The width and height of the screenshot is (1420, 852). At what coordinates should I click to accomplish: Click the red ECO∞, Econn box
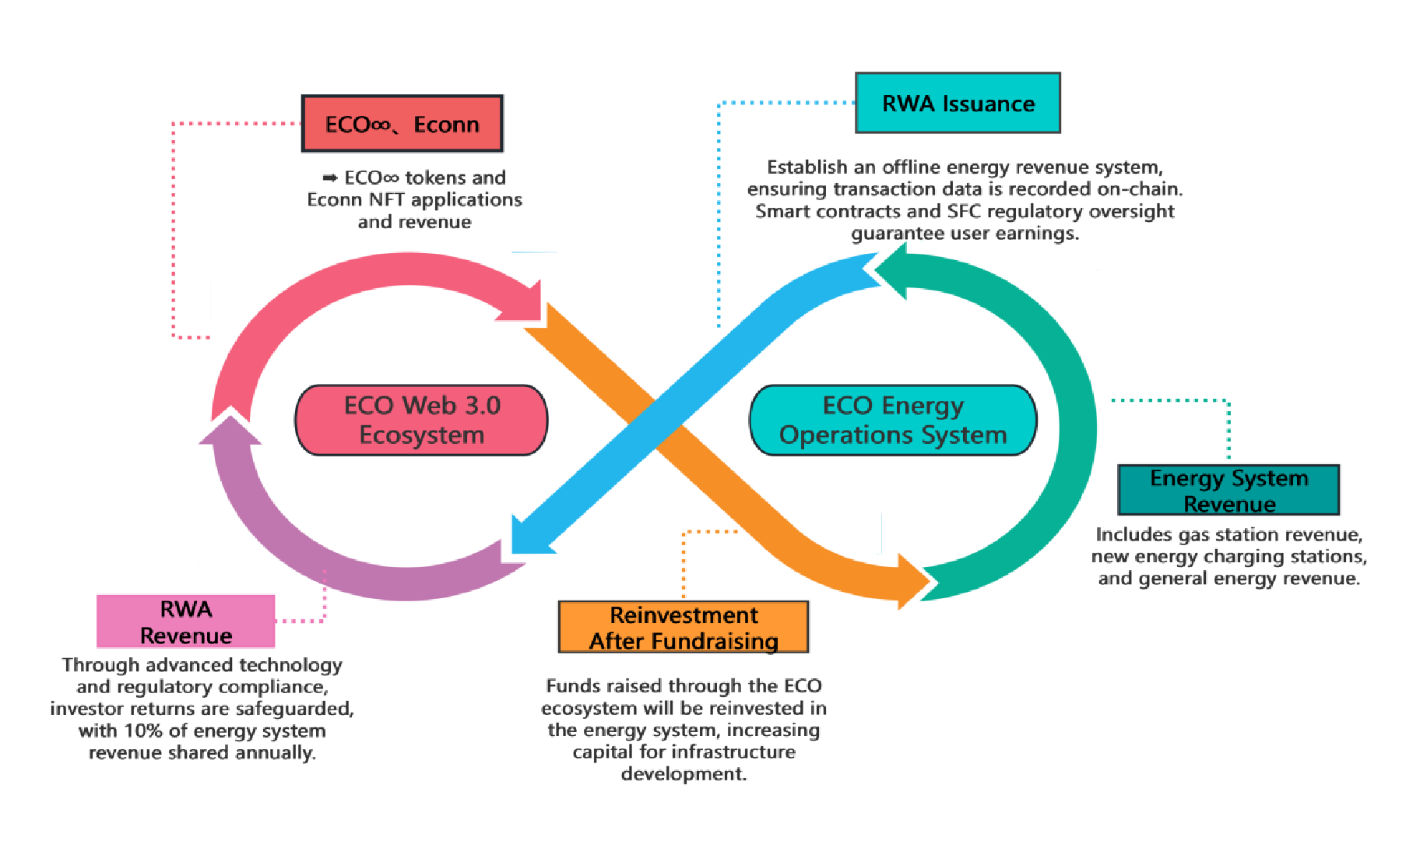click(402, 124)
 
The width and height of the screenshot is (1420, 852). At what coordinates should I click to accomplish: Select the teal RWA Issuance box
click(958, 103)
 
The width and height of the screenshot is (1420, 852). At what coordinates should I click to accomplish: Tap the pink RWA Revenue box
click(185, 621)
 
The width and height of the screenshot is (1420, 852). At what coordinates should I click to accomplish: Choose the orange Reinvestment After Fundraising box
click(683, 627)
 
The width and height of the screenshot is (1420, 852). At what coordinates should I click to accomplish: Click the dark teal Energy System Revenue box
click(1228, 490)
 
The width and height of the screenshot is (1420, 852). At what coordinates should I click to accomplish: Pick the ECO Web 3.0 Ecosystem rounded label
click(421, 420)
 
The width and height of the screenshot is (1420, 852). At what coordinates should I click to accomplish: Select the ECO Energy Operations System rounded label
click(892, 420)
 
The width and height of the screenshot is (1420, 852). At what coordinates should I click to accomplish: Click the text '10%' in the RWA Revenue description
click(144, 731)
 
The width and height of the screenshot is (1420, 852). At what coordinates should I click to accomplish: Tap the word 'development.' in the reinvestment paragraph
click(684, 774)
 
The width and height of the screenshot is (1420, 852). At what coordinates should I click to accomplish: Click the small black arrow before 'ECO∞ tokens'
click(330, 178)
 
